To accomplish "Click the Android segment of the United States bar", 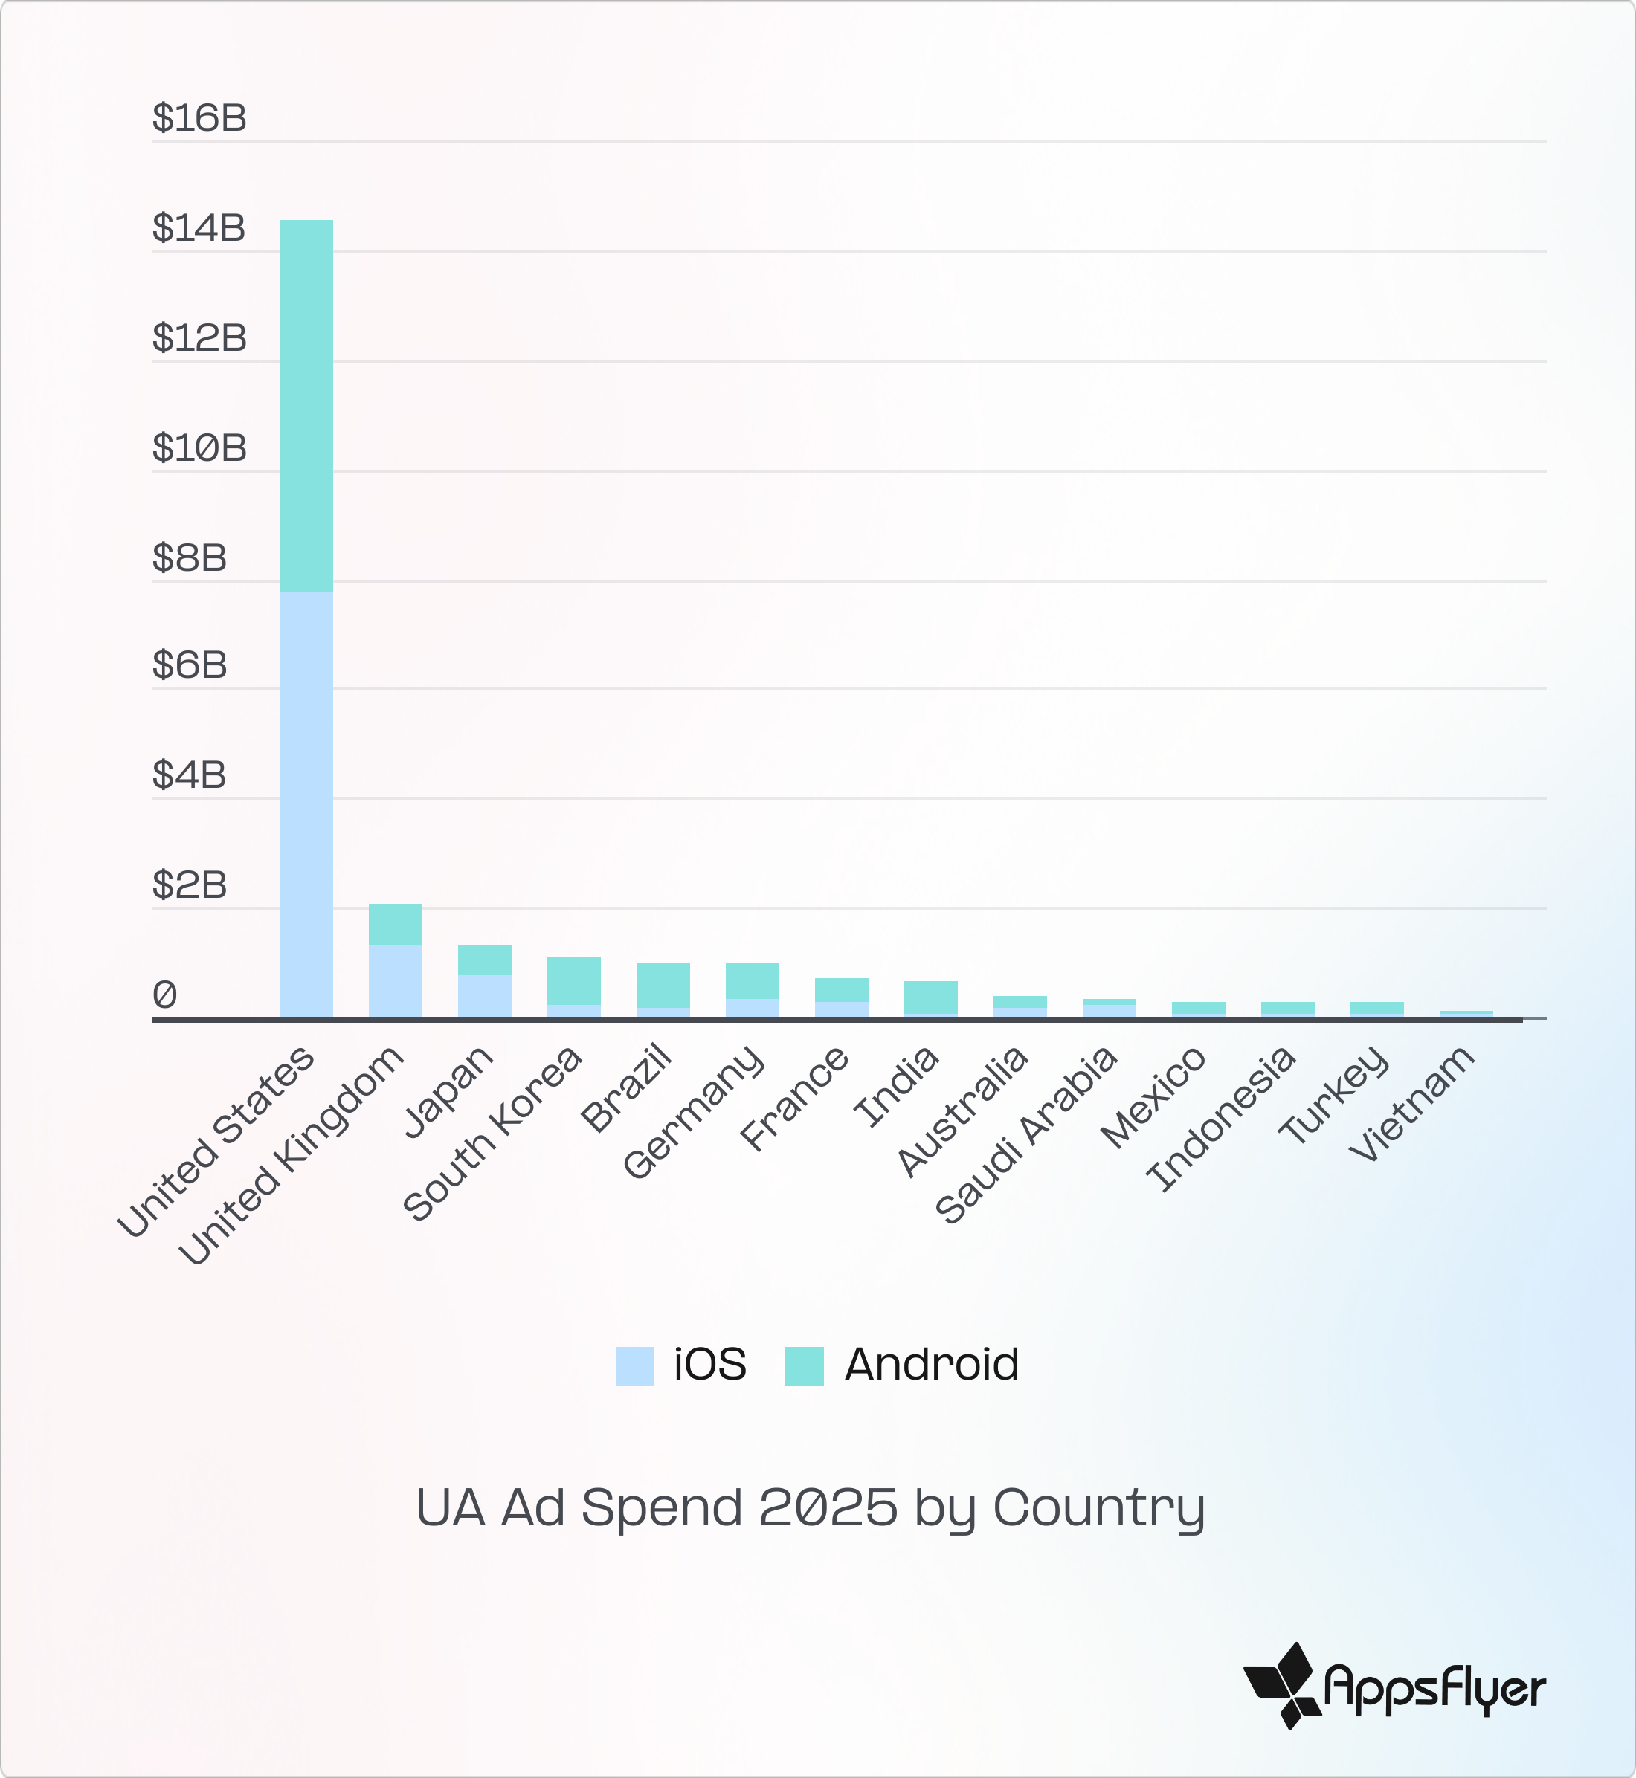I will coord(306,405).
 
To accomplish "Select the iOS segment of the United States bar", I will coord(306,804).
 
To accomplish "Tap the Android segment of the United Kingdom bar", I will coord(395,924).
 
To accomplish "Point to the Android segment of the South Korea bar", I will coord(573,980).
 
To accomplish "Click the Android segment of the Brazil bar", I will coord(663,985).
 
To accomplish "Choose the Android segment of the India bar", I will coord(930,997).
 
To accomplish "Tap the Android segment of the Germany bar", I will coord(753,980).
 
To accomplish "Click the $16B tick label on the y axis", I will coord(199,117).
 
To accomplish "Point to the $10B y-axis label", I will coord(199,447).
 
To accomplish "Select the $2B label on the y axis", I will coord(190,885).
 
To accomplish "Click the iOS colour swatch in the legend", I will coord(635,1365).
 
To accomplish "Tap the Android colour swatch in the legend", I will coord(805,1365).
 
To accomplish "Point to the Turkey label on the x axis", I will coord(1333,1095).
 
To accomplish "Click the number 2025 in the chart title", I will coord(828,1507).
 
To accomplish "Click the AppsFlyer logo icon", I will coord(1282,1685).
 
